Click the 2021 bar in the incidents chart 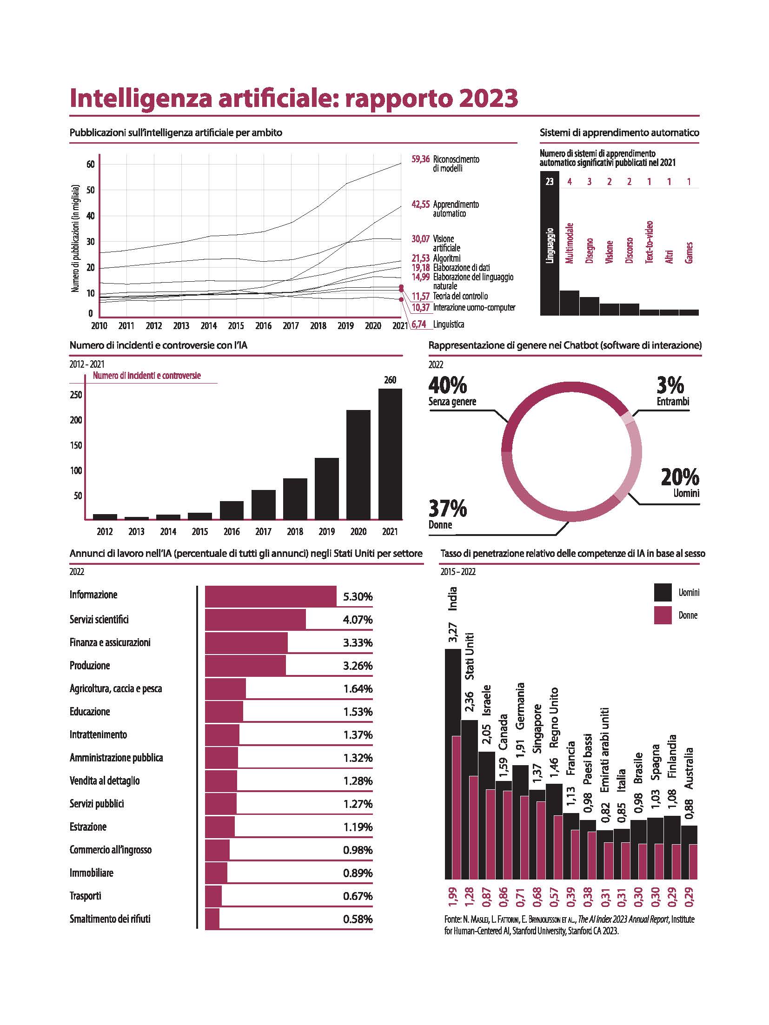(390, 454)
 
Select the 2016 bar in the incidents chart (232, 510)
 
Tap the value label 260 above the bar (390, 380)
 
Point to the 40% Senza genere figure (448, 385)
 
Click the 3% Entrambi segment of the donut (628, 418)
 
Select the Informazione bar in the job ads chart (271, 596)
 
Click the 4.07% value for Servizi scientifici (358, 620)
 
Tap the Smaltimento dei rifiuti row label (110, 919)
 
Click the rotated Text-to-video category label (650, 242)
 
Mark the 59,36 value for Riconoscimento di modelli (420, 159)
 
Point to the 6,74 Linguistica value (419, 324)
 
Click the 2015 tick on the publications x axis (236, 326)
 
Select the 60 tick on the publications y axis (90, 164)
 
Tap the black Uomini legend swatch (663, 592)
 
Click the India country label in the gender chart (452, 599)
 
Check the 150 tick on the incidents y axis (76, 445)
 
